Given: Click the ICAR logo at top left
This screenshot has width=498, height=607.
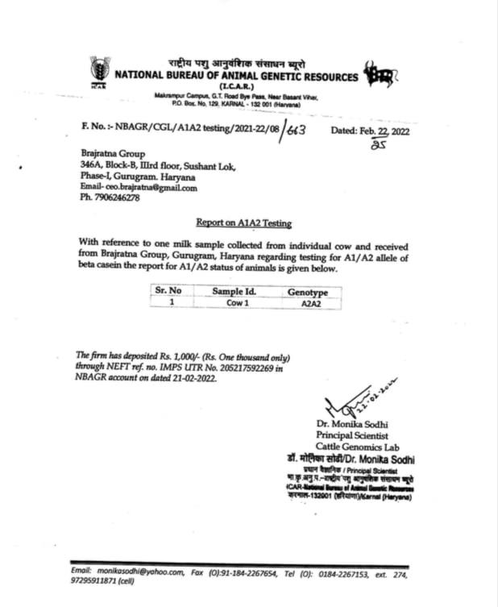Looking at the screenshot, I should (100, 70).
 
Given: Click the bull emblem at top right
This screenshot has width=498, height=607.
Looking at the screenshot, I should (379, 75).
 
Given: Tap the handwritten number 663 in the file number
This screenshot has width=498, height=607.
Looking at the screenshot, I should (295, 132).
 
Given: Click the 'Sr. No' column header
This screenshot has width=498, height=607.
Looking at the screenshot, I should (168, 290).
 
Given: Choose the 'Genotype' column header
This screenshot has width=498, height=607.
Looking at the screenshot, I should (307, 291).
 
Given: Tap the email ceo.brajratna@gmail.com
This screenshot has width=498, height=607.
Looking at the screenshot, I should (147, 187).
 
